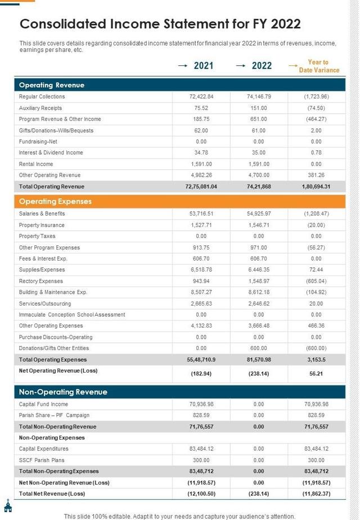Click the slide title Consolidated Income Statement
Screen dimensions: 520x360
coord(160,24)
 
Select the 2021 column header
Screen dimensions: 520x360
coord(203,66)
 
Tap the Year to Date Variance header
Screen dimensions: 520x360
coord(318,66)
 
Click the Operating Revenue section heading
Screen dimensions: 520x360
coord(52,85)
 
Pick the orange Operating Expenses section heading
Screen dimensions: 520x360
coord(55,201)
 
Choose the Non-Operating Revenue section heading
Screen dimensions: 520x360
coord(63,392)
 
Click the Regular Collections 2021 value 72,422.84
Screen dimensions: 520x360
coord(201,97)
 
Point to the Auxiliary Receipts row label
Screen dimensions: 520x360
coord(40,108)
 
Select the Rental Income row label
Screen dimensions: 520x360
coord(36,164)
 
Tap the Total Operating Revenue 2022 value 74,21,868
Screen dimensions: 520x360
coord(259,186)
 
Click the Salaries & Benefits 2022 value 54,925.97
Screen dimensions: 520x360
coord(259,214)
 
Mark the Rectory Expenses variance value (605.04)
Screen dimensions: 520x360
coord(316,281)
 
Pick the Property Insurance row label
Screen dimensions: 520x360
coord(42,225)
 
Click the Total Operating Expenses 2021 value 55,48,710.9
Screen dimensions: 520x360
coord(201,359)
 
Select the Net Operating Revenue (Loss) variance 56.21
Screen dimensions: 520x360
coord(316,373)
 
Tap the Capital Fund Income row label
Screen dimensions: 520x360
coord(43,404)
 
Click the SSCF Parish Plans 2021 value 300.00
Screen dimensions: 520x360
coord(201,460)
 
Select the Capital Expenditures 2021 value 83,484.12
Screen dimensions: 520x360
coord(201,449)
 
